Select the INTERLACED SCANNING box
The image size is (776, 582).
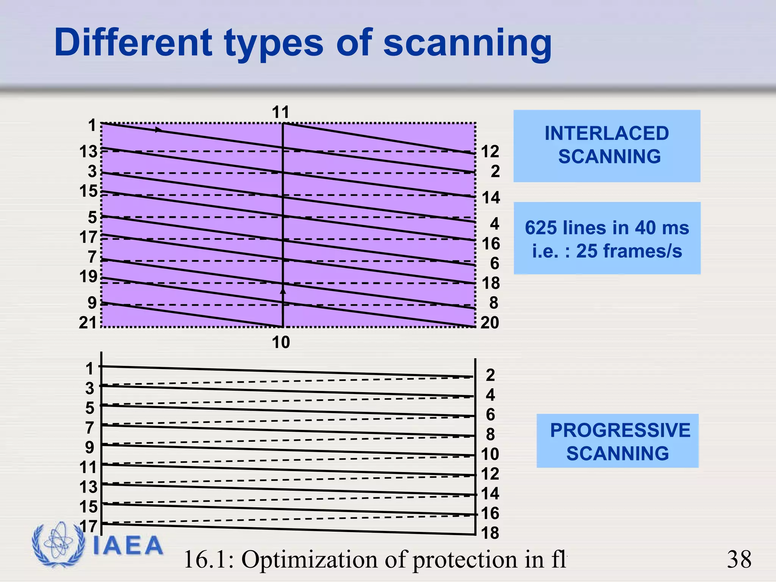pos(607,146)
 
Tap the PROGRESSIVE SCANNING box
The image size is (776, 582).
pos(617,441)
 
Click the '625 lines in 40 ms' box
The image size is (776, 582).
pos(607,238)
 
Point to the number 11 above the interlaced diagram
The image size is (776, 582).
pos(280,113)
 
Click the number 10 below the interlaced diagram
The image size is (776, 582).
pos(280,343)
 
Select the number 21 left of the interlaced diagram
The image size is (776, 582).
pos(88,323)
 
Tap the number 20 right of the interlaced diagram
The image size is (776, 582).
pos(490,323)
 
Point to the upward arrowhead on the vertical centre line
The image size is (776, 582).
pos(283,291)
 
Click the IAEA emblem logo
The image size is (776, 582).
pos(58,544)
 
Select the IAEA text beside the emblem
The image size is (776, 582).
pos(128,546)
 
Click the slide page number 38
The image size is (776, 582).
pos(739,559)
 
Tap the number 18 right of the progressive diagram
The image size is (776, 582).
pos(490,533)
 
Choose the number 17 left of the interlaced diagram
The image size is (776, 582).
pos(88,238)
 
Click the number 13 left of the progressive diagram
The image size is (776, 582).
pos(88,487)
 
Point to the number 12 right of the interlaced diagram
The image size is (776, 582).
pos(490,152)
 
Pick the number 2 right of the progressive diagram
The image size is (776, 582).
pos(490,375)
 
